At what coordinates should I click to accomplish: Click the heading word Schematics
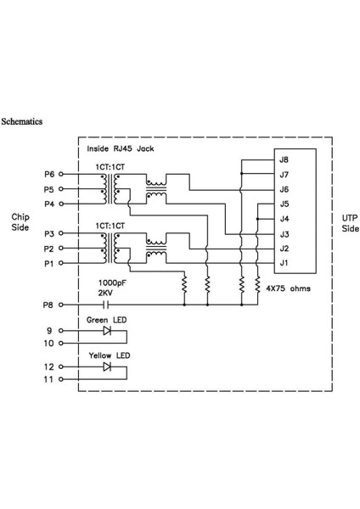(24, 122)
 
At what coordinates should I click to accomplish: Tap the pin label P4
(49, 204)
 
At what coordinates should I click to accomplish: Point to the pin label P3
(49, 232)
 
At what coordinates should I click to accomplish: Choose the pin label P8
(49, 303)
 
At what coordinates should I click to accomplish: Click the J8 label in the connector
(284, 159)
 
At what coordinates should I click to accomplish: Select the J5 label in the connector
(284, 204)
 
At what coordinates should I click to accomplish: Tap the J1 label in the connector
(284, 262)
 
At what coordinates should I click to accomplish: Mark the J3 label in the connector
(284, 233)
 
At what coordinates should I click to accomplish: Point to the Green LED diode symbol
(107, 331)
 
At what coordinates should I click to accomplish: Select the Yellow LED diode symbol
(107, 366)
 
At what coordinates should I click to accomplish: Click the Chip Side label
(20, 222)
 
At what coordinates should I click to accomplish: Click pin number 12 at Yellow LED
(48, 366)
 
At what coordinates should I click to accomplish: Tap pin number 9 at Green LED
(50, 331)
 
